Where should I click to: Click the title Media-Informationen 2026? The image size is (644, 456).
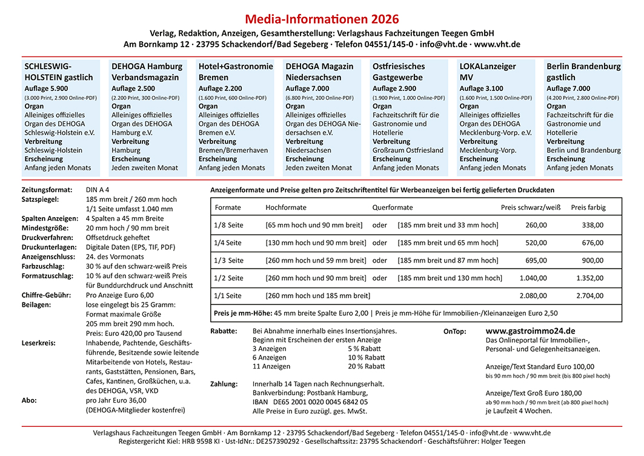tap(322, 19)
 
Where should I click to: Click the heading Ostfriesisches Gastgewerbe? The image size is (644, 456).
tap(399, 72)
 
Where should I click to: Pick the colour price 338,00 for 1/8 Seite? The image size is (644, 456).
tap(592, 225)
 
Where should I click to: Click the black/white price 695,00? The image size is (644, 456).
tap(536, 260)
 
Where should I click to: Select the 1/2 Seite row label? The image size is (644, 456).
tap(228, 278)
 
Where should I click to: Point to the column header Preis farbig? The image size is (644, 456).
tap(588, 207)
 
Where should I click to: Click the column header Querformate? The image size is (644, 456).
tap(393, 207)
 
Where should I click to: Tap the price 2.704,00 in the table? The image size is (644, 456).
tap(589, 296)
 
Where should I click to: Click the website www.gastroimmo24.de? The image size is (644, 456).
tap(530, 331)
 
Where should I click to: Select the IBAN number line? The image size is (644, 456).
tap(310, 402)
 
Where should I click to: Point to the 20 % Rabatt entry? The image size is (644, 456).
tap(366, 366)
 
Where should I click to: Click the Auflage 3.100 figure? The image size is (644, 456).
tap(481, 89)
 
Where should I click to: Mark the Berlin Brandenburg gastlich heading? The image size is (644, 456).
tap(583, 72)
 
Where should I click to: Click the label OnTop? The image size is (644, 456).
tap(455, 332)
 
